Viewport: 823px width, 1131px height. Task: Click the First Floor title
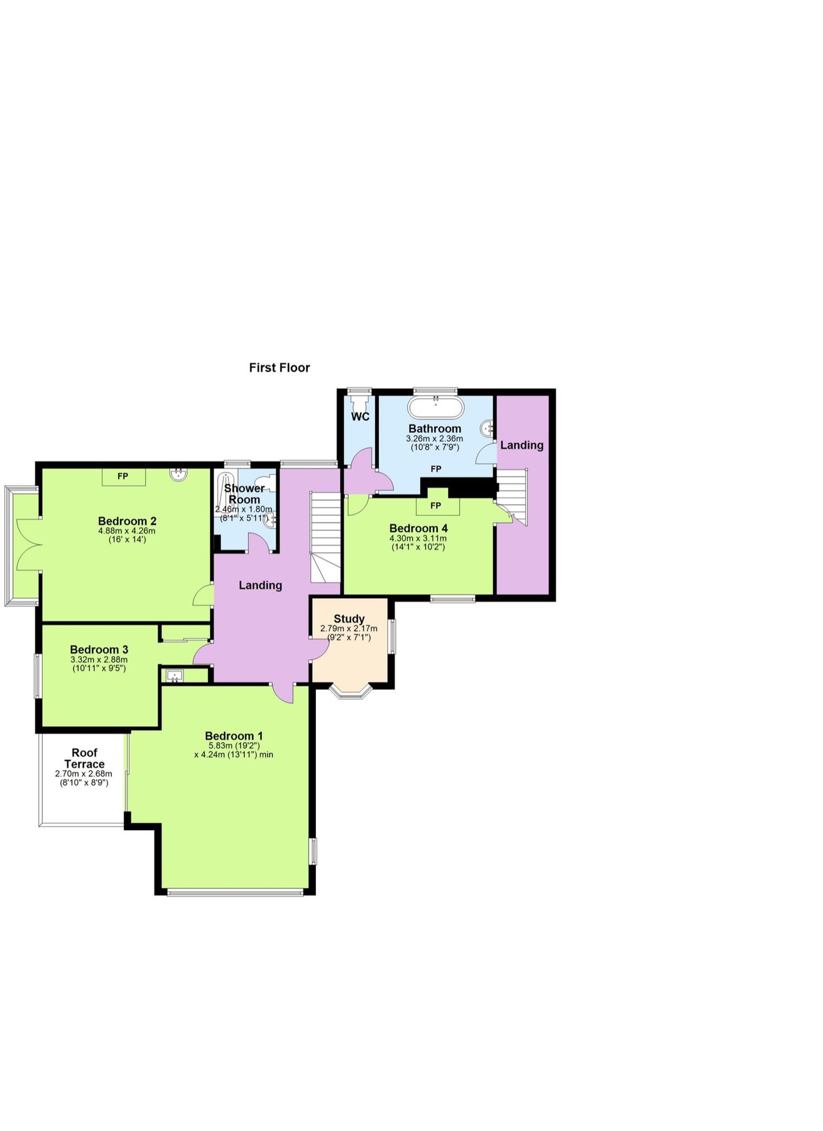(x=279, y=368)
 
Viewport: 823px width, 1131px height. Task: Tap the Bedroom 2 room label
(x=127, y=521)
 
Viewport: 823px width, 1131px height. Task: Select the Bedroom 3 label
(x=99, y=650)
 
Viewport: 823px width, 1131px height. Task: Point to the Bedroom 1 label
(x=234, y=736)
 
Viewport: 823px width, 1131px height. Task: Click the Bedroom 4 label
(x=418, y=528)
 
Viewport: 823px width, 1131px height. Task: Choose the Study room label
(x=349, y=619)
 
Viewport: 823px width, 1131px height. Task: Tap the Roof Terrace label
(x=84, y=758)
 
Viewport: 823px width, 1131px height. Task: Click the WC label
(x=360, y=417)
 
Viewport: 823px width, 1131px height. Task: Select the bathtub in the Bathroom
(x=435, y=407)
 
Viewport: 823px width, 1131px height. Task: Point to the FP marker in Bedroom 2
(x=123, y=476)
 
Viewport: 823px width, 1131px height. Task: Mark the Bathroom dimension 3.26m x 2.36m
(x=435, y=439)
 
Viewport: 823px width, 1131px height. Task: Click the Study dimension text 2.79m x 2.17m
(x=349, y=628)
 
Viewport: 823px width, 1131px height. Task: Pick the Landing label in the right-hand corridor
(x=521, y=445)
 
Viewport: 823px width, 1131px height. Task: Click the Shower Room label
(x=244, y=494)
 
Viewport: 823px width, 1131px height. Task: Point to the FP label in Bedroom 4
(x=435, y=506)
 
